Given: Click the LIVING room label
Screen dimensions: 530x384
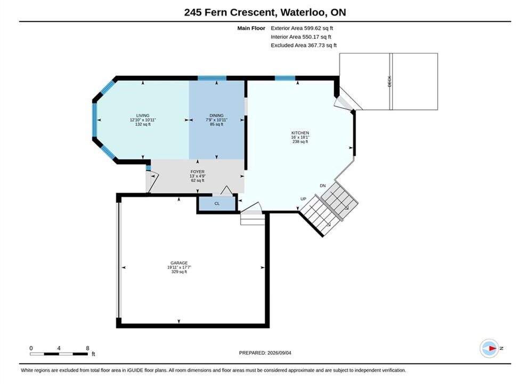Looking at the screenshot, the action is [143, 115].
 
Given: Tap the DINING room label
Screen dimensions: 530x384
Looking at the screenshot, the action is [216, 115].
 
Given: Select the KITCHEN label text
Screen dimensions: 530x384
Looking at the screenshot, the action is [300, 133].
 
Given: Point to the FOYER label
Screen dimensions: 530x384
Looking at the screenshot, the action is [198, 172].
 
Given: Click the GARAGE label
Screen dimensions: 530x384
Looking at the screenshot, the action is [179, 263].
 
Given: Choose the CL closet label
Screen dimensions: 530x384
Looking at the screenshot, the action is [217, 204].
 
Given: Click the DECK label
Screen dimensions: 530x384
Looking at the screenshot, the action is [389, 81].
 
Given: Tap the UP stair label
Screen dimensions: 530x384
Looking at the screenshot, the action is [303, 199].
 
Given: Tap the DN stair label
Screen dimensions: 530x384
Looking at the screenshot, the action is [323, 186].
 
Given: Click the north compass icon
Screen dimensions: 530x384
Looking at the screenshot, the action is [489, 348].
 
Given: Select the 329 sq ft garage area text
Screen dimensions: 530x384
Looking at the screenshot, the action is [179, 271].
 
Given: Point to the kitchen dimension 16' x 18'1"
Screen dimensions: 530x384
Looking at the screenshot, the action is [300, 138].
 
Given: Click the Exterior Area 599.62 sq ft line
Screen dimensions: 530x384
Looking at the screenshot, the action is [302, 28].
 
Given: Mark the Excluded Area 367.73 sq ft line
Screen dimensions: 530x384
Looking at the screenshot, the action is [304, 45].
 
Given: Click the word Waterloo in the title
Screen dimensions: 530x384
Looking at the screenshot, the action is [304, 12].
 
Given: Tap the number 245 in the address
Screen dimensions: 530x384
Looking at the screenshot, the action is [193, 12].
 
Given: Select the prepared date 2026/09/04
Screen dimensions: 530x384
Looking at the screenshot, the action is [279, 353].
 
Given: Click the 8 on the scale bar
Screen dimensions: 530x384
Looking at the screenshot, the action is [87, 348].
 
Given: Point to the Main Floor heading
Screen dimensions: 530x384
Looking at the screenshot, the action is [251, 28].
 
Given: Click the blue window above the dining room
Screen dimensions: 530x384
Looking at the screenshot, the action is [212, 78].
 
